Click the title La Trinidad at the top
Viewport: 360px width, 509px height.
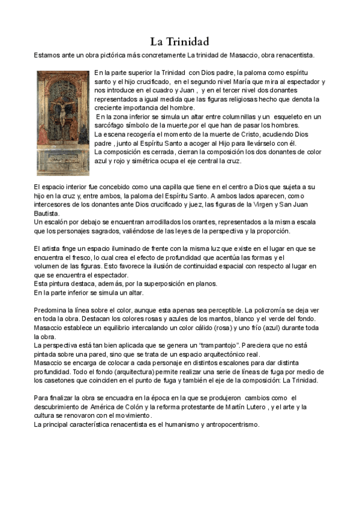click(x=179, y=42)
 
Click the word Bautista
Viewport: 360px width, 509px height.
click(x=47, y=213)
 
